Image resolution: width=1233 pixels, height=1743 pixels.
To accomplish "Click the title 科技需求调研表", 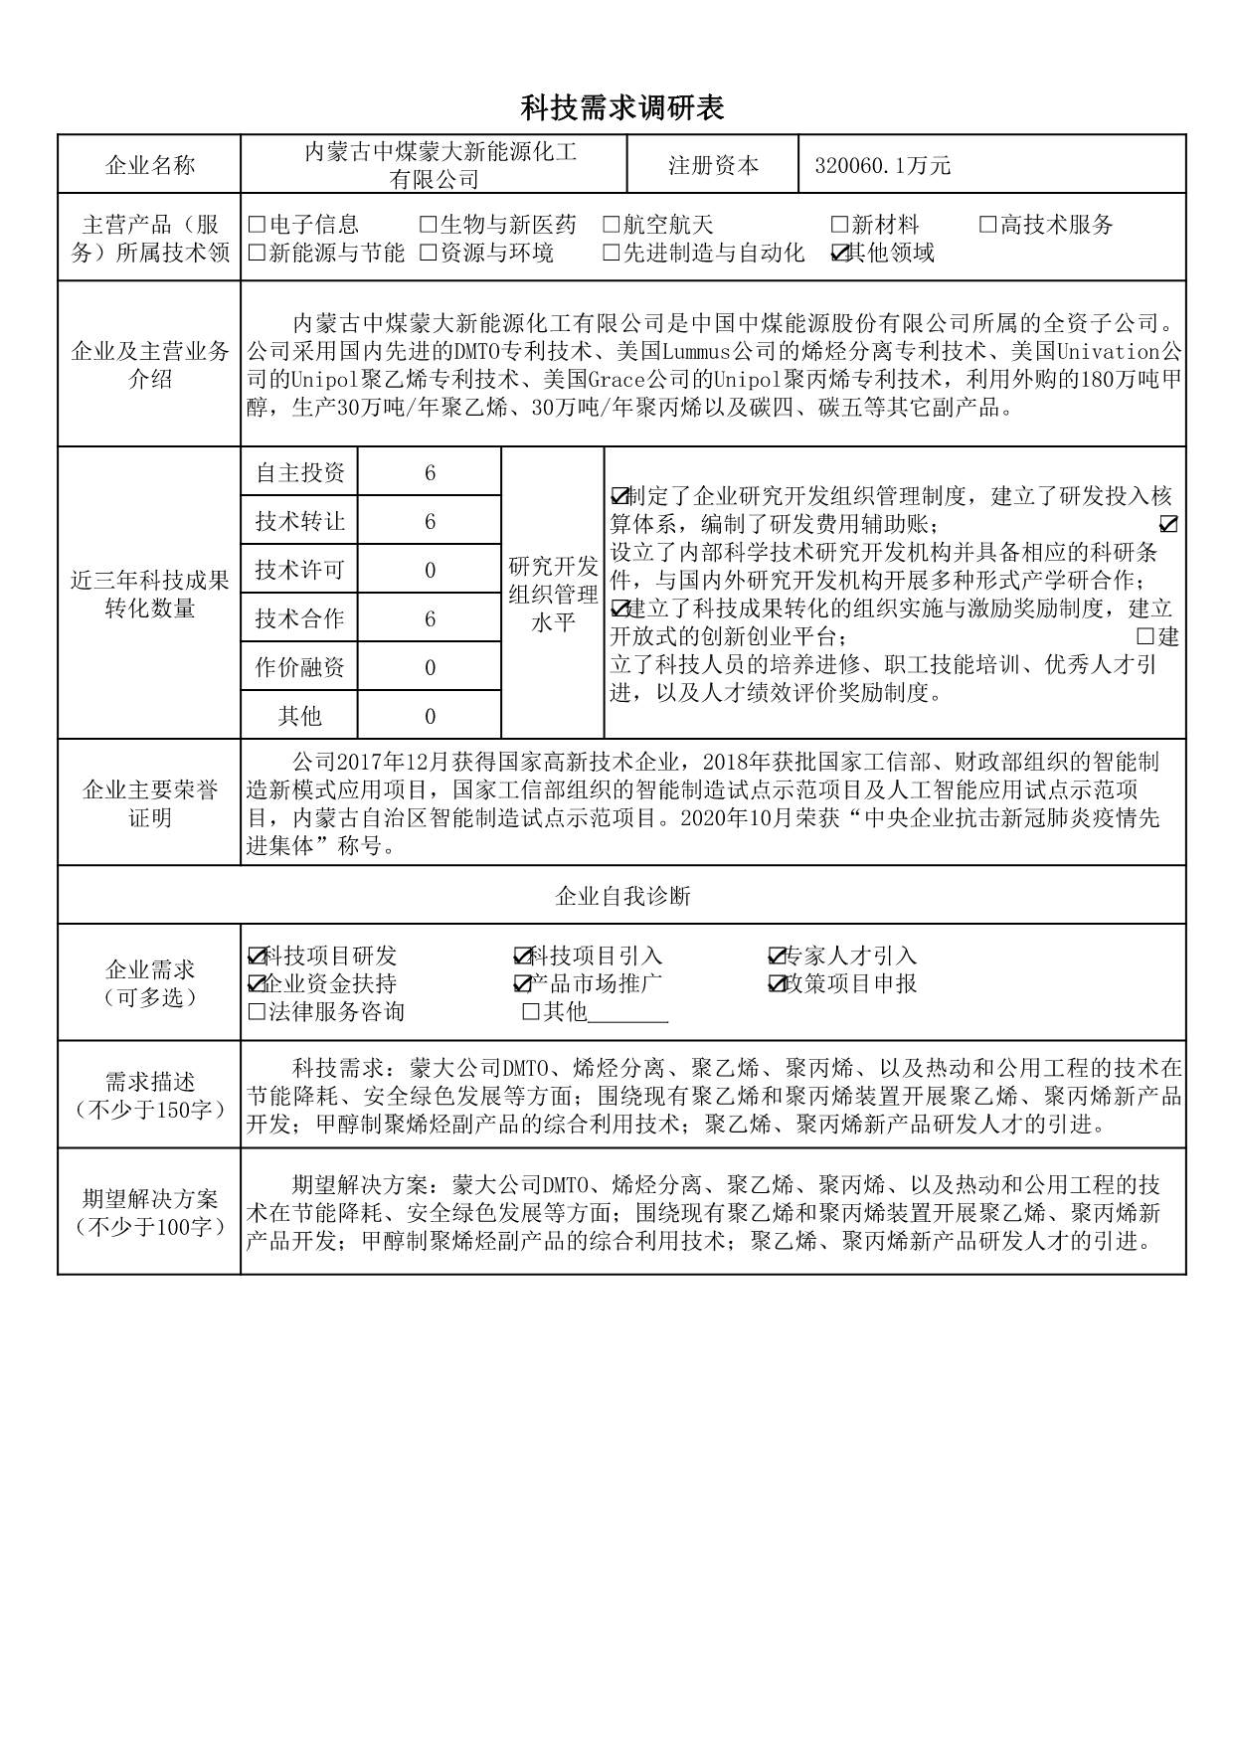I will coord(622,108).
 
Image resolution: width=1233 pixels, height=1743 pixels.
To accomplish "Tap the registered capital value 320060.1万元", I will coord(882,166).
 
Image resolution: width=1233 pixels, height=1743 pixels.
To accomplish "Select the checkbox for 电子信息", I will coord(257,226).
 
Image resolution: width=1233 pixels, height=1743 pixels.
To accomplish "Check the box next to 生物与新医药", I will coord(428,226).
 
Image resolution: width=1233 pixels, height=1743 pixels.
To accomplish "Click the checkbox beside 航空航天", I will coord(612,226).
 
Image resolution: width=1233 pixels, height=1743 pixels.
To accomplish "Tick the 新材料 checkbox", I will coord(839,226).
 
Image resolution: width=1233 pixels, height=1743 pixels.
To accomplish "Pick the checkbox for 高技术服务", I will coord(987,226).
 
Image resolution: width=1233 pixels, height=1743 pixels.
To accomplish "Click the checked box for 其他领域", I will coord(839,254).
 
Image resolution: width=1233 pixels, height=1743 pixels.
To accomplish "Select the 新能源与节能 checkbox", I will coord(257,254).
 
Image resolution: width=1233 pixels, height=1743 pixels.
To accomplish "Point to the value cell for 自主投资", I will coord(430,473).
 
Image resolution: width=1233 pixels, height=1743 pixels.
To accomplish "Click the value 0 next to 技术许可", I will coord(430,571).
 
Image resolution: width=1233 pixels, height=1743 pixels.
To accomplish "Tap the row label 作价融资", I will coord(299,667).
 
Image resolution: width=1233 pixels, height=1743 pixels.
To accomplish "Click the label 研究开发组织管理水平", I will coord(553,595).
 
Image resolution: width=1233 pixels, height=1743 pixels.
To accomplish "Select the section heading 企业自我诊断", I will coord(622,897).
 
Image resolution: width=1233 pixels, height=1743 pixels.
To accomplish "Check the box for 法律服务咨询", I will coord(257,1013).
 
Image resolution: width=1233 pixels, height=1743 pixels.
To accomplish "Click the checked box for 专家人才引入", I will coord(777,957).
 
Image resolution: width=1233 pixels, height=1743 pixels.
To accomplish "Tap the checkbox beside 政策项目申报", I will coord(777,984).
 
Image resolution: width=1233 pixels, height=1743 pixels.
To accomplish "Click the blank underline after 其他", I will coord(628,1013).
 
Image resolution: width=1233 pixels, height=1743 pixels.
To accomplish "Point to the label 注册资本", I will coord(713,166).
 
